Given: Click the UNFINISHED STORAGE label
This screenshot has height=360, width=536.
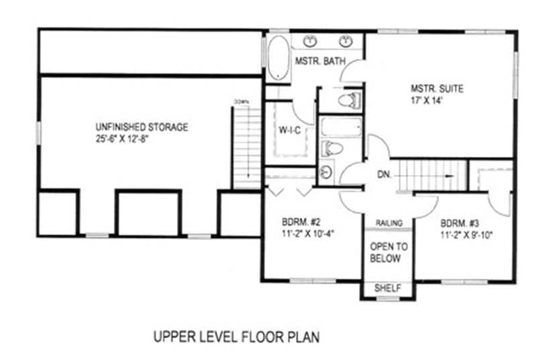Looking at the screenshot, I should click(x=141, y=127).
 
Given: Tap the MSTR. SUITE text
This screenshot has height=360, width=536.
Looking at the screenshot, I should click(x=438, y=88).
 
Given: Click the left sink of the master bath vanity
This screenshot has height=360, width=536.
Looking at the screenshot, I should click(x=311, y=42).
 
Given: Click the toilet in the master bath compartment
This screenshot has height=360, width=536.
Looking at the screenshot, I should click(x=348, y=101).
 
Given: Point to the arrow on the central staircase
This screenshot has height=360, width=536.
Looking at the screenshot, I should click(x=442, y=176).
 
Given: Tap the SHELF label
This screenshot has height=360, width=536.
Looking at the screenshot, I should click(x=388, y=288).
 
